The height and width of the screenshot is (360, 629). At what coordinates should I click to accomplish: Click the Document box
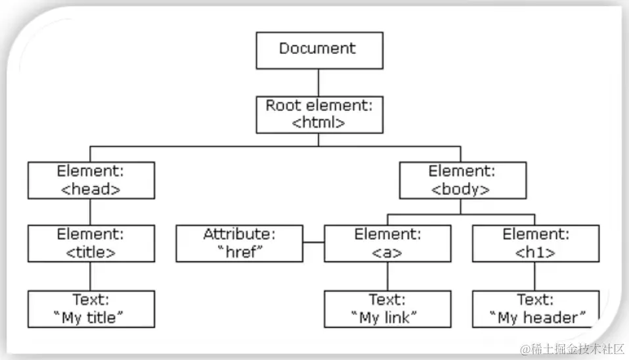pyautogui.click(x=318, y=51)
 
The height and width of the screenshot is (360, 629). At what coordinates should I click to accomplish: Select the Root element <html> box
pyautogui.click(x=318, y=114)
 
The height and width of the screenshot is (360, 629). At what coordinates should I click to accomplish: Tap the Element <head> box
pyautogui.click(x=91, y=180)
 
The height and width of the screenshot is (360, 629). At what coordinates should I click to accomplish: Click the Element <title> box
pyautogui.click(x=91, y=243)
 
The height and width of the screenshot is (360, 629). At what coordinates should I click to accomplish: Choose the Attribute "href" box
pyautogui.click(x=240, y=243)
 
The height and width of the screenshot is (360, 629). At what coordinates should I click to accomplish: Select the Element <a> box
pyautogui.click(x=387, y=243)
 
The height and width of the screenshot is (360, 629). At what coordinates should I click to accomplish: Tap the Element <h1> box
pyautogui.click(x=535, y=243)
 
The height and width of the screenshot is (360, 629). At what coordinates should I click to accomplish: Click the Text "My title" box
pyautogui.click(x=91, y=309)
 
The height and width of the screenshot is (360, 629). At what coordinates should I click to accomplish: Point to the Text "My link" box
pyautogui.click(x=387, y=309)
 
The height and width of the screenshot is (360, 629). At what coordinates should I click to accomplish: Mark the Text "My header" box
pyautogui.click(x=535, y=309)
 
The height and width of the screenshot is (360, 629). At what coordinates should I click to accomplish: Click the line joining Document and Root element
pyautogui.click(x=318, y=82)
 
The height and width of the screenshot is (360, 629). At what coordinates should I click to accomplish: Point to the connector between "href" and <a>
pyautogui.click(x=314, y=243)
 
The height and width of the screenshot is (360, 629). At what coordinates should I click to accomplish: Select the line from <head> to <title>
pyautogui.click(x=91, y=212)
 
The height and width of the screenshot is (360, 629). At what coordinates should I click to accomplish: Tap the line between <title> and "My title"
pyautogui.click(x=91, y=276)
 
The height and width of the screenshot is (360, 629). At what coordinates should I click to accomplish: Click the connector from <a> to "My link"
pyautogui.click(x=387, y=276)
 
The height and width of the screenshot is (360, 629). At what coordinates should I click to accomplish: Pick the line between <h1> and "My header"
pyautogui.click(x=535, y=276)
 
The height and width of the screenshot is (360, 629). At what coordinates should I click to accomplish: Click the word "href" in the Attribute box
pyautogui.click(x=240, y=252)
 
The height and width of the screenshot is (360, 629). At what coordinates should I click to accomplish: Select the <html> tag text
pyautogui.click(x=318, y=122)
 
